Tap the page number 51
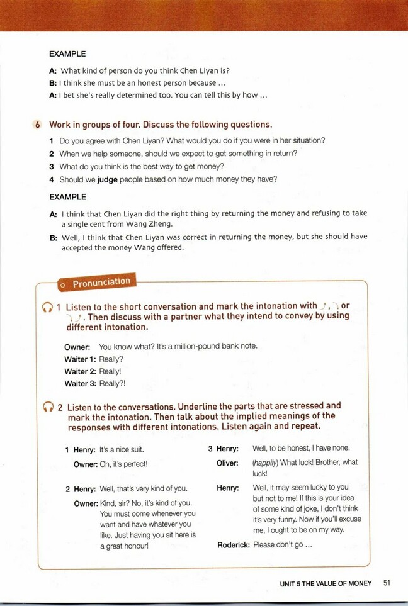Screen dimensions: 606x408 pyautogui.click(x=387, y=583)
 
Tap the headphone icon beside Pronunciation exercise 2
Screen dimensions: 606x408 pyautogui.click(x=47, y=408)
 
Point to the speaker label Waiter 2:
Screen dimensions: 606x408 pyautogui.click(x=79, y=371)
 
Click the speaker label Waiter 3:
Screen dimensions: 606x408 pyautogui.click(x=79, y=383)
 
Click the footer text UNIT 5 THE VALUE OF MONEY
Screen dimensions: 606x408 pyautogui.click(x=326, y=583)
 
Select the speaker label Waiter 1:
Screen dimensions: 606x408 pyautogui.click(x=79, y=359)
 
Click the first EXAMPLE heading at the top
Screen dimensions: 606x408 pyautogui.click(x=67, y=54)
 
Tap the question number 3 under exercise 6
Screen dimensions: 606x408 pyautogui.click(x=52, y=166)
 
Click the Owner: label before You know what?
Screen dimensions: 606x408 pyautogui.click(x=77, y=346)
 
